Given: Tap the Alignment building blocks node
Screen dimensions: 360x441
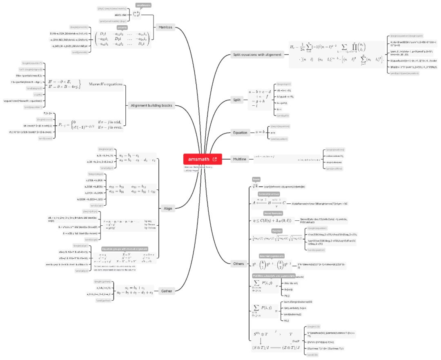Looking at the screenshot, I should coord(151,105).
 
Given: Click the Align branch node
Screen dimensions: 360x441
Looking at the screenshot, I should coord(167,208).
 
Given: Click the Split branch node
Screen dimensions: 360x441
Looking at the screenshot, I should coord(237,100).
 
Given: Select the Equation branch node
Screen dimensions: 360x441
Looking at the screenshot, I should coord(240,133).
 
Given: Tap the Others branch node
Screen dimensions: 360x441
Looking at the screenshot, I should coord(238,264).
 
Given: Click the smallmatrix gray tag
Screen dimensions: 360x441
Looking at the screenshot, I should coord(144,5).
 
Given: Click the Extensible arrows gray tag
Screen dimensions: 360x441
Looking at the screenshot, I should coord(269,193).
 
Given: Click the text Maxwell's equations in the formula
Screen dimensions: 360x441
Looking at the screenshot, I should coord(105,84).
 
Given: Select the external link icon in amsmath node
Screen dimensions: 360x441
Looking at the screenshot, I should coord(215,159).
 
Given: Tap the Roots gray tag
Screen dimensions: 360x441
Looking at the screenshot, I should coord(256,179).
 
